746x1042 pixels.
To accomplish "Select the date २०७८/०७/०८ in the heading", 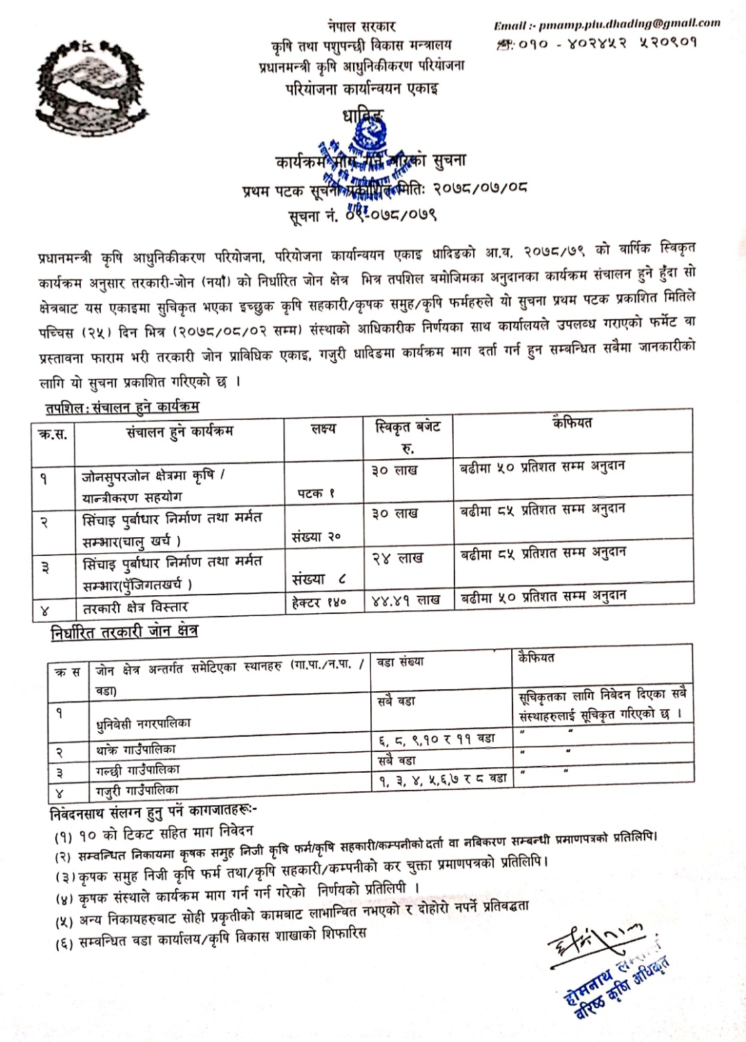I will coord(480,188).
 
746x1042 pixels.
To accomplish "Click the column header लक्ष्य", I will coord(323,429).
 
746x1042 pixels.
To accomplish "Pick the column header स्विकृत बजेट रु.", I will coord(408,436).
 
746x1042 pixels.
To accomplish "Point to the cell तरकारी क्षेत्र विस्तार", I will coord(135,608).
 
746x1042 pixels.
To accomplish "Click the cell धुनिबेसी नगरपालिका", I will coord(144,724).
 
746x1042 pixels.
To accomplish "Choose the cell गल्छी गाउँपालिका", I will coord(138,769).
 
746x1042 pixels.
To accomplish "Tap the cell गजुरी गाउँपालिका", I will coord(137,789).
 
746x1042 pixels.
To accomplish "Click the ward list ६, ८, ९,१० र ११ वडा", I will coord(437,739).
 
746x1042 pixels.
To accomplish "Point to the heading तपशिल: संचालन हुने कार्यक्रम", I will coord(122,407).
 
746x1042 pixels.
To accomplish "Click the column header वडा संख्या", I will coord(401,662).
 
